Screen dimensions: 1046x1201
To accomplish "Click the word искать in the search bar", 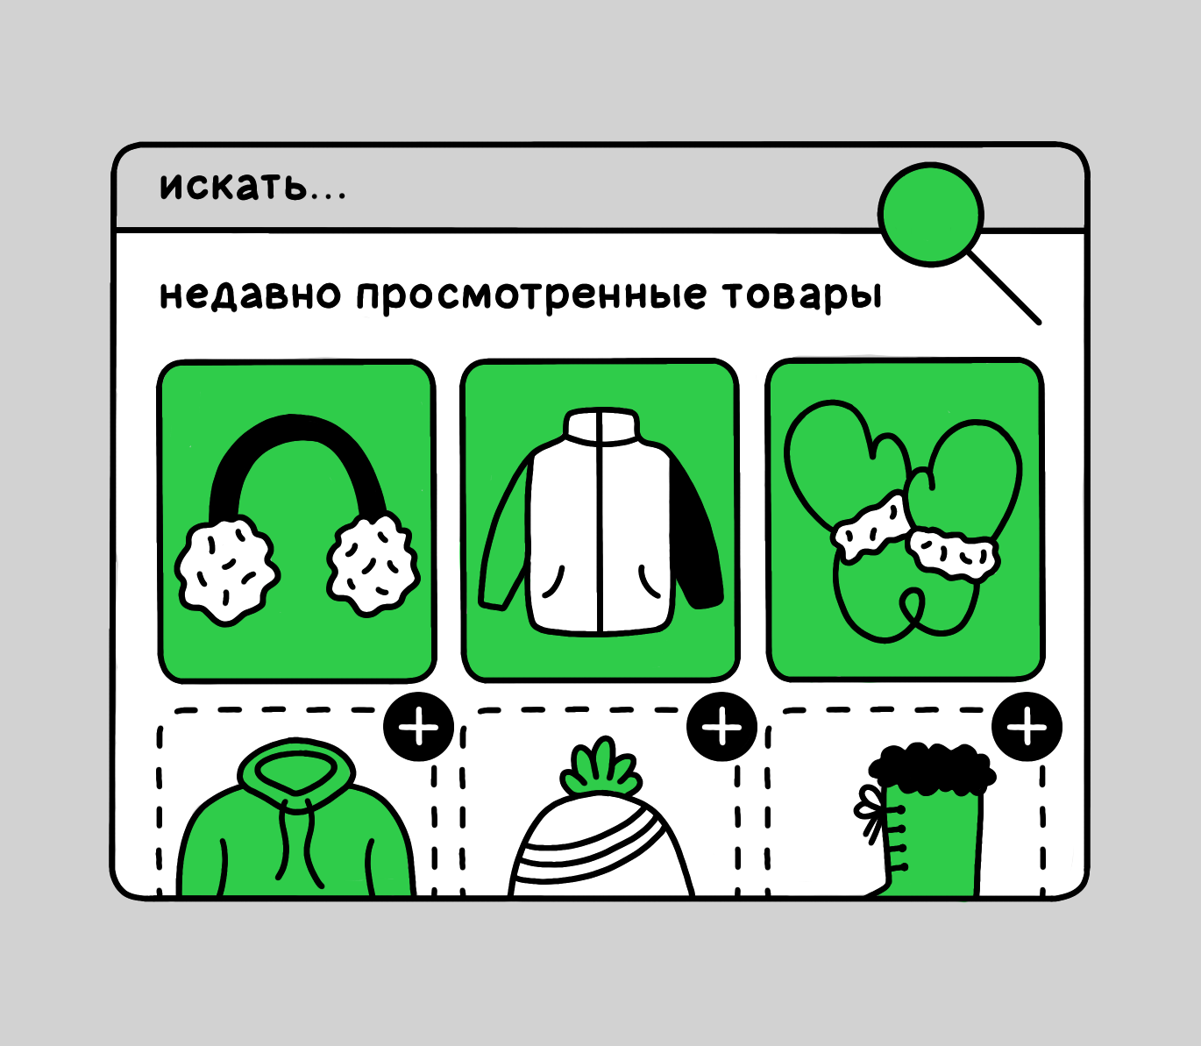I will click(x=234, y=186).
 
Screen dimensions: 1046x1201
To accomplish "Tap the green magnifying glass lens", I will click(x=931, y=214).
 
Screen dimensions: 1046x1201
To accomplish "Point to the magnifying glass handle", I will click(x=1006, y=289).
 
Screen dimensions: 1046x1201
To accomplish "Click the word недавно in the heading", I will click(x=250, y=295).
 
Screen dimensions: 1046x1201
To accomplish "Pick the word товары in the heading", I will click(x=802, y=295).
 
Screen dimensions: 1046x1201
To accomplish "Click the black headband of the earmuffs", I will click(x=296, y=438).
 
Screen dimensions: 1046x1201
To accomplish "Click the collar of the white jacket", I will click(x=601, y=426).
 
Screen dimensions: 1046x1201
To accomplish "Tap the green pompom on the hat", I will click(x=600, y=768).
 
